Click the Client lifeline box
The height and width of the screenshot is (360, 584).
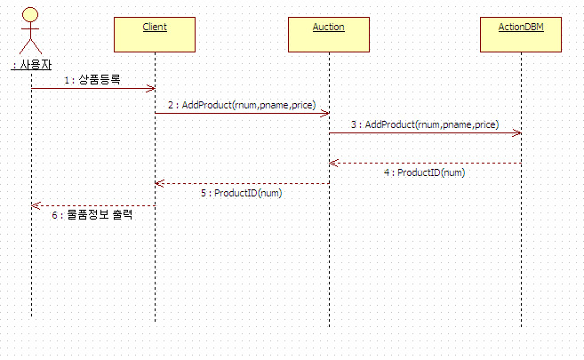[x=154, y=36]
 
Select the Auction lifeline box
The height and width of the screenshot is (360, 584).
[x=329, y=36]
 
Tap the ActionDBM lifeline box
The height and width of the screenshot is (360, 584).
[x=521, y=36]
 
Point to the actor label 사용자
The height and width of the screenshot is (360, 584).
[x=30, y=65]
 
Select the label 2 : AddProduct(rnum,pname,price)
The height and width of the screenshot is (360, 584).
[x=240, y=105]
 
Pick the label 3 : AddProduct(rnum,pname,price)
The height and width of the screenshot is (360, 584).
[x=424, y=124]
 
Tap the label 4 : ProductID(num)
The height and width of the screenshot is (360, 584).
[x=424, y=172]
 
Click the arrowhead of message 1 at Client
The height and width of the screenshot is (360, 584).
[x=152, y=88]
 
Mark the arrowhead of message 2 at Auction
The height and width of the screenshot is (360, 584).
[x=327, y=113]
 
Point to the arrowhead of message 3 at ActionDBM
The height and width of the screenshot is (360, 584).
[x=518, y=133]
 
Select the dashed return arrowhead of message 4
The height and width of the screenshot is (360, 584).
[x=332, y=163]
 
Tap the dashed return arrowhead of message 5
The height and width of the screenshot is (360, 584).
[x=158, y=183]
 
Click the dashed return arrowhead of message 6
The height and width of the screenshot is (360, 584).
[x=35, y=205]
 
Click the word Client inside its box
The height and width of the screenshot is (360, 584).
[x=154, y=27]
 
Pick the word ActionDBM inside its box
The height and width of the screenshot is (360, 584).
[x=521, y=27]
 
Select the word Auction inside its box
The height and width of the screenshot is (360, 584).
[x=329, y=27]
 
